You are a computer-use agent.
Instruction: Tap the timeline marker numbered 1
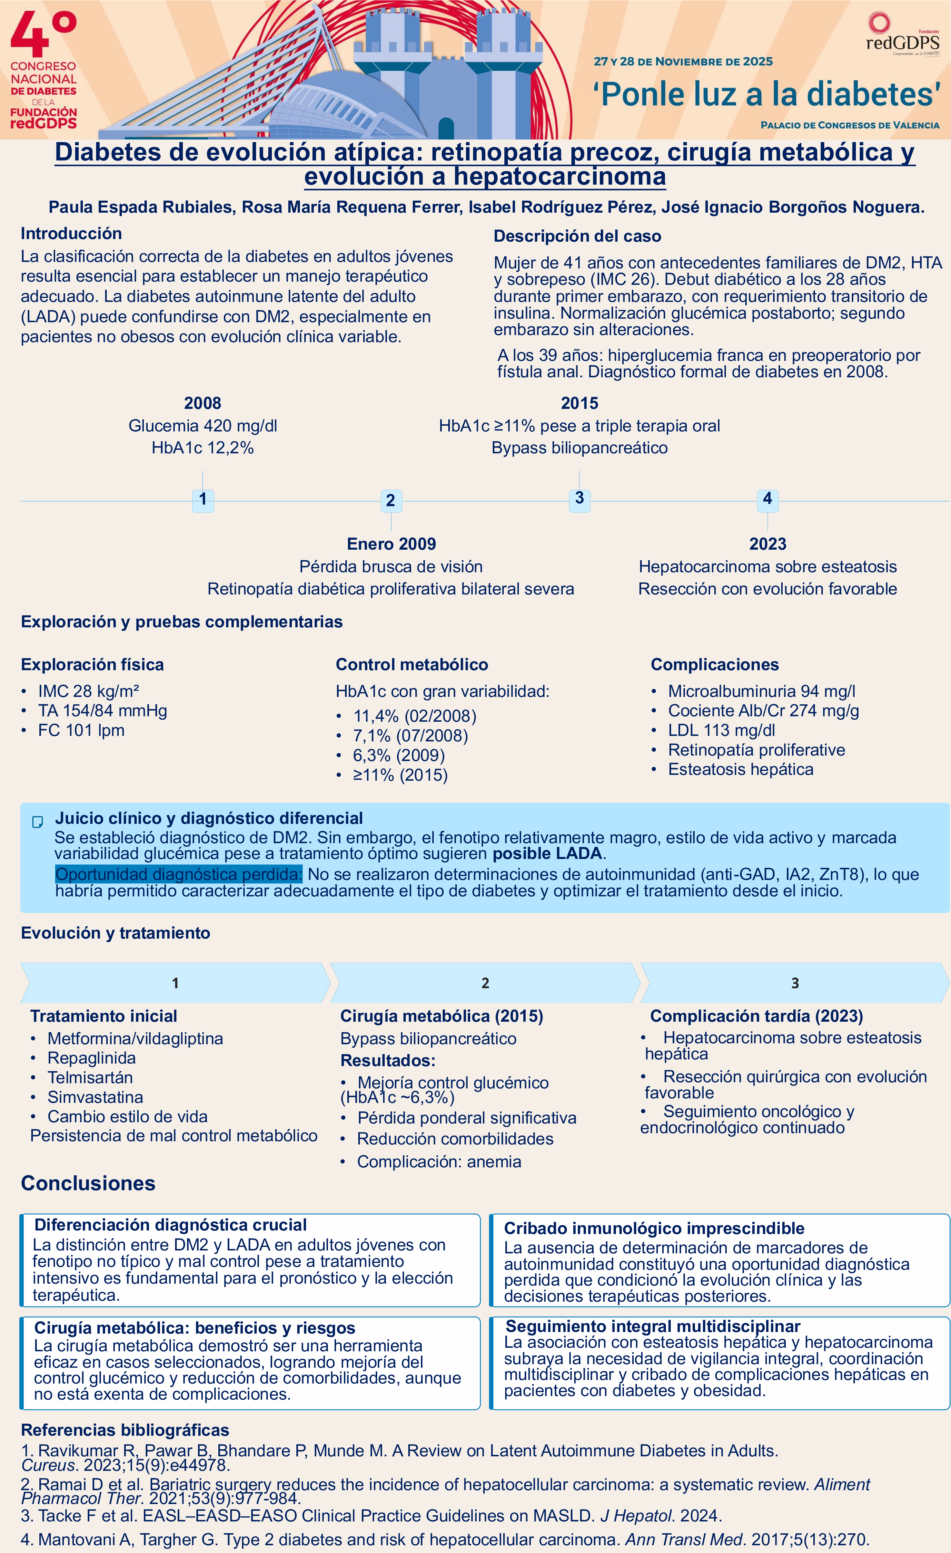tap(203, 499)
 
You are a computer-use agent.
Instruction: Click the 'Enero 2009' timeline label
tap(391, 544)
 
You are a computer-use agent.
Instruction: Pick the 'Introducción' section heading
tap(71, 233)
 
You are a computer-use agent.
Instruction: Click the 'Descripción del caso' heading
tap(577, 236)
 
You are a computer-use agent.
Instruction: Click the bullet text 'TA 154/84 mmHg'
tap(102, 711)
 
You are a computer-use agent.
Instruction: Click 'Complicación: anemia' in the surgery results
tap(439, 1162)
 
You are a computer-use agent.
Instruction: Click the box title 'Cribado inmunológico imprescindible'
tap(654, 1229)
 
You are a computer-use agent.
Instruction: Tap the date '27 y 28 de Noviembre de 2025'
tap(683, 62)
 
